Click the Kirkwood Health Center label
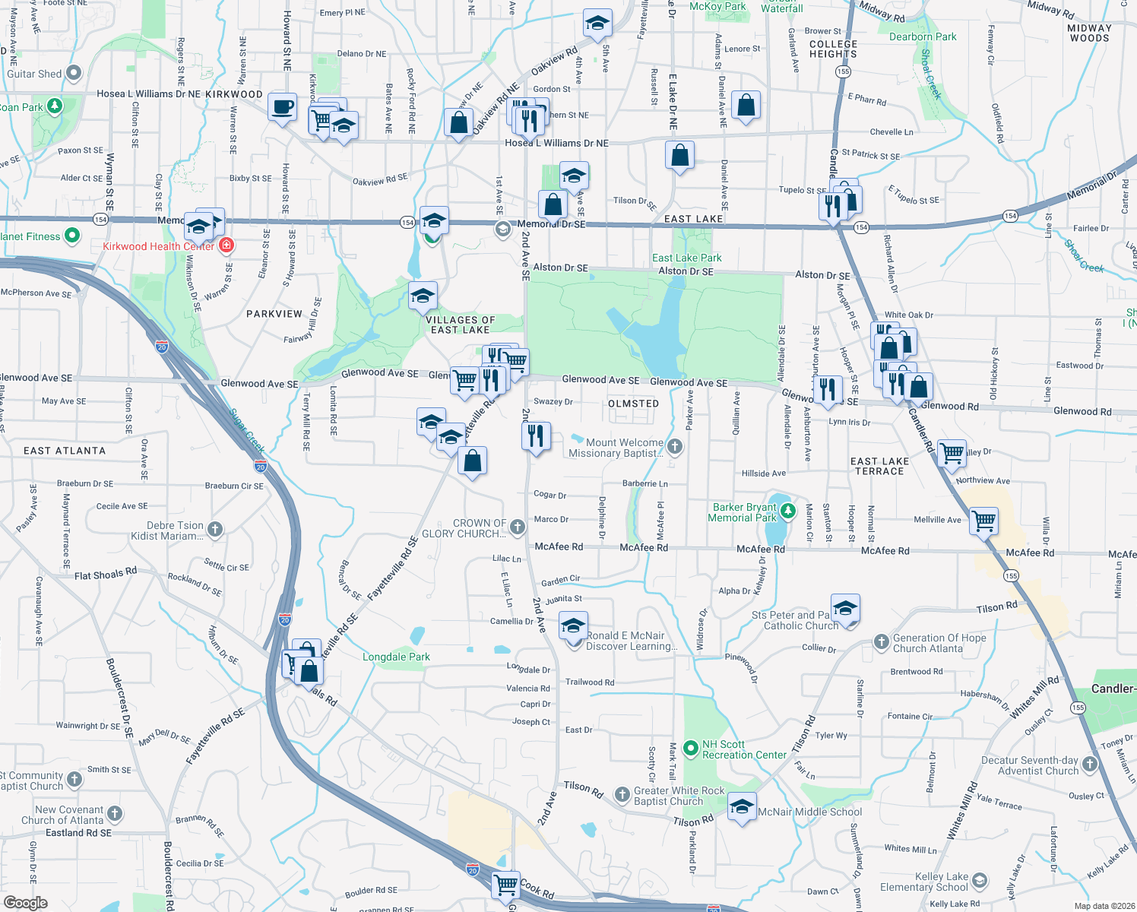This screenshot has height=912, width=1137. pyautogui.click(x=159, y=246)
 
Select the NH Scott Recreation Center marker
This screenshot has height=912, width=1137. pyautogui.click(x=690, y=749)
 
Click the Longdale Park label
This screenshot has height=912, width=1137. pyautogui.click(x=396, y=657)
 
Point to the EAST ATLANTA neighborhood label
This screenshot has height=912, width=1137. pyautogui.click(x=65, y=451)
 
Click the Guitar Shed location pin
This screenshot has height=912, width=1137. pyautogui.click(x=74, y=74)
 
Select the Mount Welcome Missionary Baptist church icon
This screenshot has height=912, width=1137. pyautogui.click(x=675, y=446)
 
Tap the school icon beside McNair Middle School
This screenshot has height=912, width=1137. pyautogui.click(x=741, y=806)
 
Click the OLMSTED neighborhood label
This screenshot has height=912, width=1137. pyautogui.click(x=633, y=404)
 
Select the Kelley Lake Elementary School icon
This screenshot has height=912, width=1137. pyautogui.click(x=979, y=881)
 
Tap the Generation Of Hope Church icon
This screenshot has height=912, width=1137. pyautogui.click(x=881, y=642)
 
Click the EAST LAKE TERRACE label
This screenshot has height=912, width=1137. pyautogui.click(x=879, y=466)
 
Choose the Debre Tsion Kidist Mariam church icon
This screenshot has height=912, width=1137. pyautogui.click(x=215, y=530)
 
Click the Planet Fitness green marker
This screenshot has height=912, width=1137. pyautogui.click(x=72, y=236)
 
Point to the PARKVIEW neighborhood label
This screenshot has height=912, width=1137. pyautogui.click(x=274, y=314)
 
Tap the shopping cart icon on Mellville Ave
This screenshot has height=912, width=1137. pyautogui.click(x=983, y=521)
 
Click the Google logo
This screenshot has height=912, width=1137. pyautogui.click(x=25, y=903)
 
